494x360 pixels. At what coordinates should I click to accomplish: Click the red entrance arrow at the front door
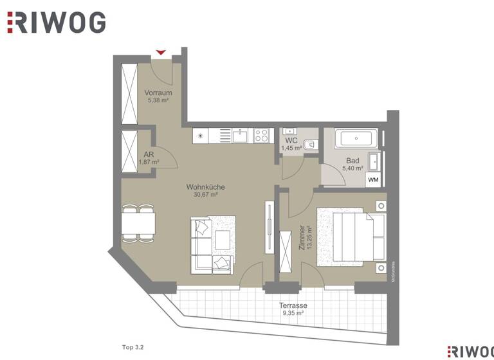coord(161,52)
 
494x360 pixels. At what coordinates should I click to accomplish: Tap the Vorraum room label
coord(157,96)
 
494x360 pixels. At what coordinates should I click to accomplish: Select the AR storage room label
coord(149,158)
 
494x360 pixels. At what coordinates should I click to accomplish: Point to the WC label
coord(291,144)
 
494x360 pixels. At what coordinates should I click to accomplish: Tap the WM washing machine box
coord(373,180)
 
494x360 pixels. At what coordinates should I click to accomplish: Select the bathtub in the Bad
coord(356,138)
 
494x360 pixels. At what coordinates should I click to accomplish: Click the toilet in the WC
coord(310,145)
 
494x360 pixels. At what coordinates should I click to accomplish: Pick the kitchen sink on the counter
coord(241,136)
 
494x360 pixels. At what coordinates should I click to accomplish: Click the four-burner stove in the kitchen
coord(261,136)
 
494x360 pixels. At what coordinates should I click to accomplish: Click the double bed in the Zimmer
coord(353,236)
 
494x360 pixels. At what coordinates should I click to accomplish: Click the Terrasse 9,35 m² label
coord(293,309)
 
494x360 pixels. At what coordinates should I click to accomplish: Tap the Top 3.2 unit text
coord(133,347)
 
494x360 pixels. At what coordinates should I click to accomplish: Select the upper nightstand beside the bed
coord(381,206)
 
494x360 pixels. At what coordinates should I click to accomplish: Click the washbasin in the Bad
coord(373,161)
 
